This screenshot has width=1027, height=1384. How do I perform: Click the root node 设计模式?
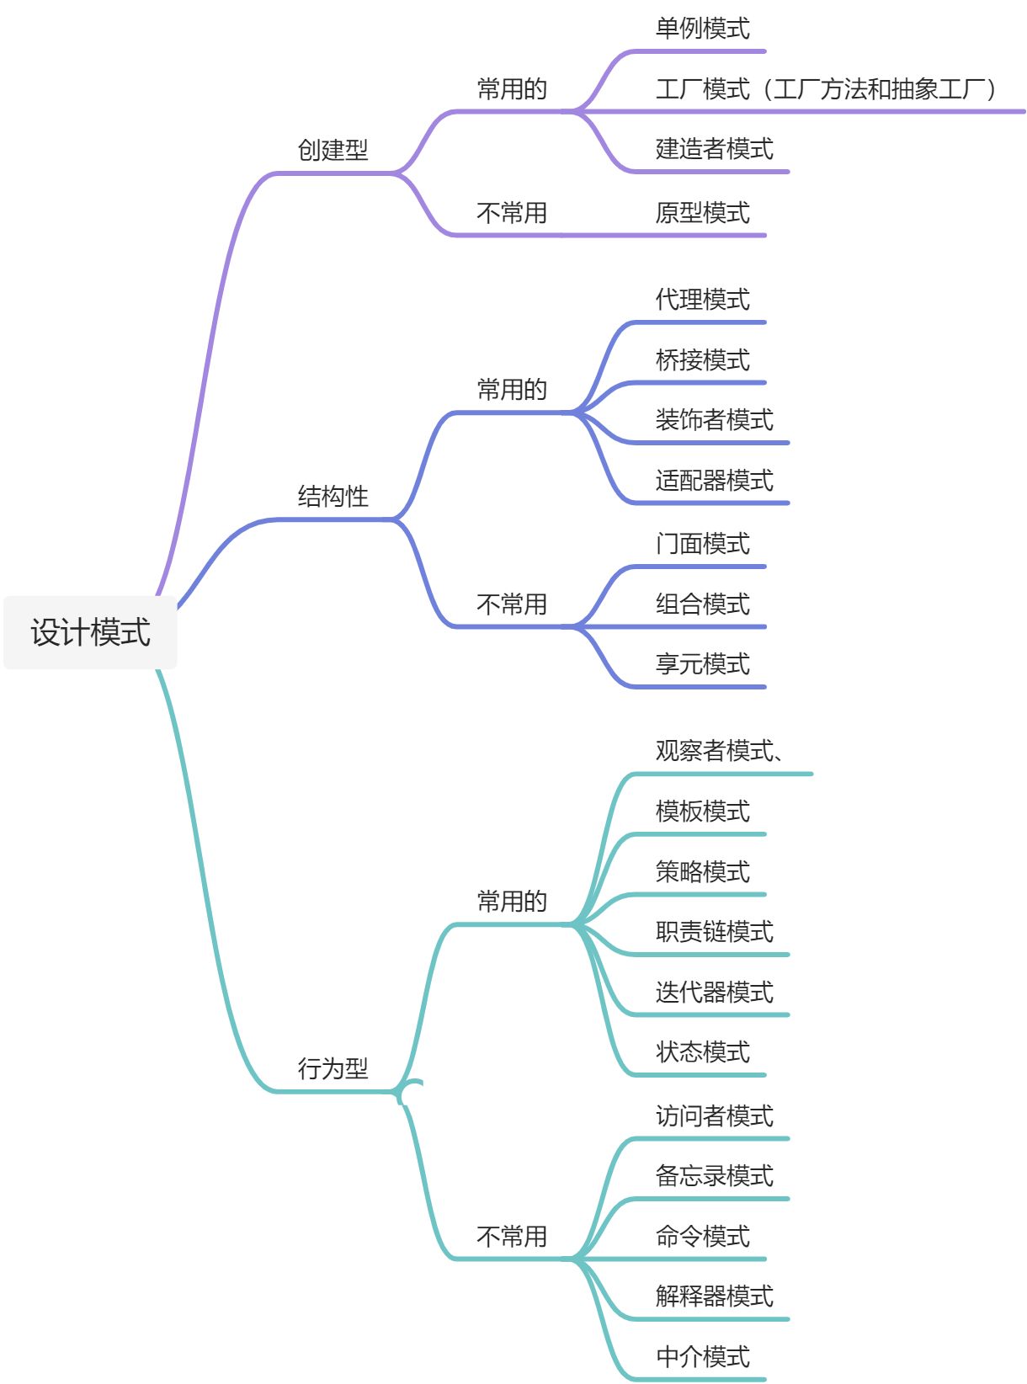[90, 632]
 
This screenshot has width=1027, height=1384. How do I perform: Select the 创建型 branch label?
[333, 150]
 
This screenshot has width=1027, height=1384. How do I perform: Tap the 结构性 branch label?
[333, 496]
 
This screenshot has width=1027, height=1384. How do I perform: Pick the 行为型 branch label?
[333, 1068]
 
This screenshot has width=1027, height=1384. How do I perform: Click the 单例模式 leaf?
[702, 29]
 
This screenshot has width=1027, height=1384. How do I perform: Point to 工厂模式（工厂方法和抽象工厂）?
[825, 88]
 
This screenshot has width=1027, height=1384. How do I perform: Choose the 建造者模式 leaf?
[714, 149]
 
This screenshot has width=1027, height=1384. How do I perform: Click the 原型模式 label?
[702, 212]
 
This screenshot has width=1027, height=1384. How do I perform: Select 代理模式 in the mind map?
[702, 299]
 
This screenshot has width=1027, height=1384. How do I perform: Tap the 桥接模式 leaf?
[702, 359]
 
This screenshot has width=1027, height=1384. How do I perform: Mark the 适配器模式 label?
[714, 480]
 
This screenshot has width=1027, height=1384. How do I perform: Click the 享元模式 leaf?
[702, 663]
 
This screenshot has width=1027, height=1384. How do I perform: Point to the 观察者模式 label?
[714, 750]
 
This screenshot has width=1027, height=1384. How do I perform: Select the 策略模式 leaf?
[702, 871]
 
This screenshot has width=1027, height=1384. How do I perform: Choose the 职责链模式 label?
[714, 931]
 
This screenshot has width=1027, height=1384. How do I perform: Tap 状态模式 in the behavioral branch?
[702, 1051]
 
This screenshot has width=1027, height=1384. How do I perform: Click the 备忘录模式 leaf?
[714, 1175]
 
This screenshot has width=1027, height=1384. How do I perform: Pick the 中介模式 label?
[702, 1356]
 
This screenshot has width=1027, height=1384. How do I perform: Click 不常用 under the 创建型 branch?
[512, 212]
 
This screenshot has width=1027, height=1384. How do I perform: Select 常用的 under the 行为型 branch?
[512, 901]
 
